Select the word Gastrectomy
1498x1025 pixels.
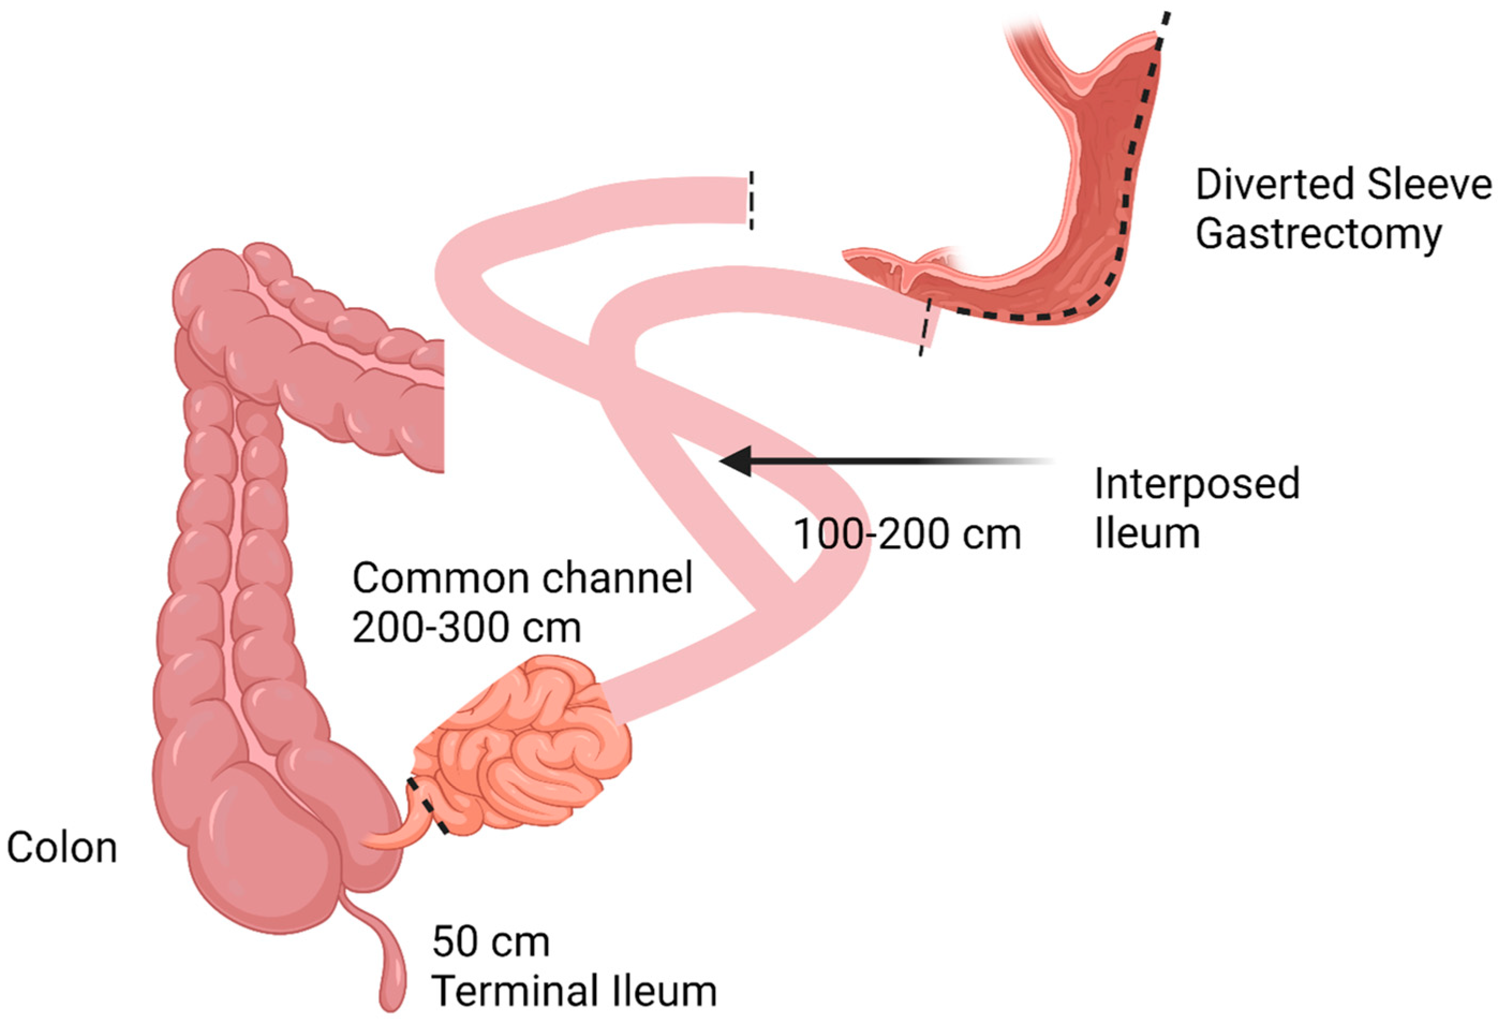[1318, 235]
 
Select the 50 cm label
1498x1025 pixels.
[491, 942]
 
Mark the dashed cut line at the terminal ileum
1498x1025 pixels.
[427, 807]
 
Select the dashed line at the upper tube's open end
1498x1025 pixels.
[750, 200]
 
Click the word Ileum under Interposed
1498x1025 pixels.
[1147, 533]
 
